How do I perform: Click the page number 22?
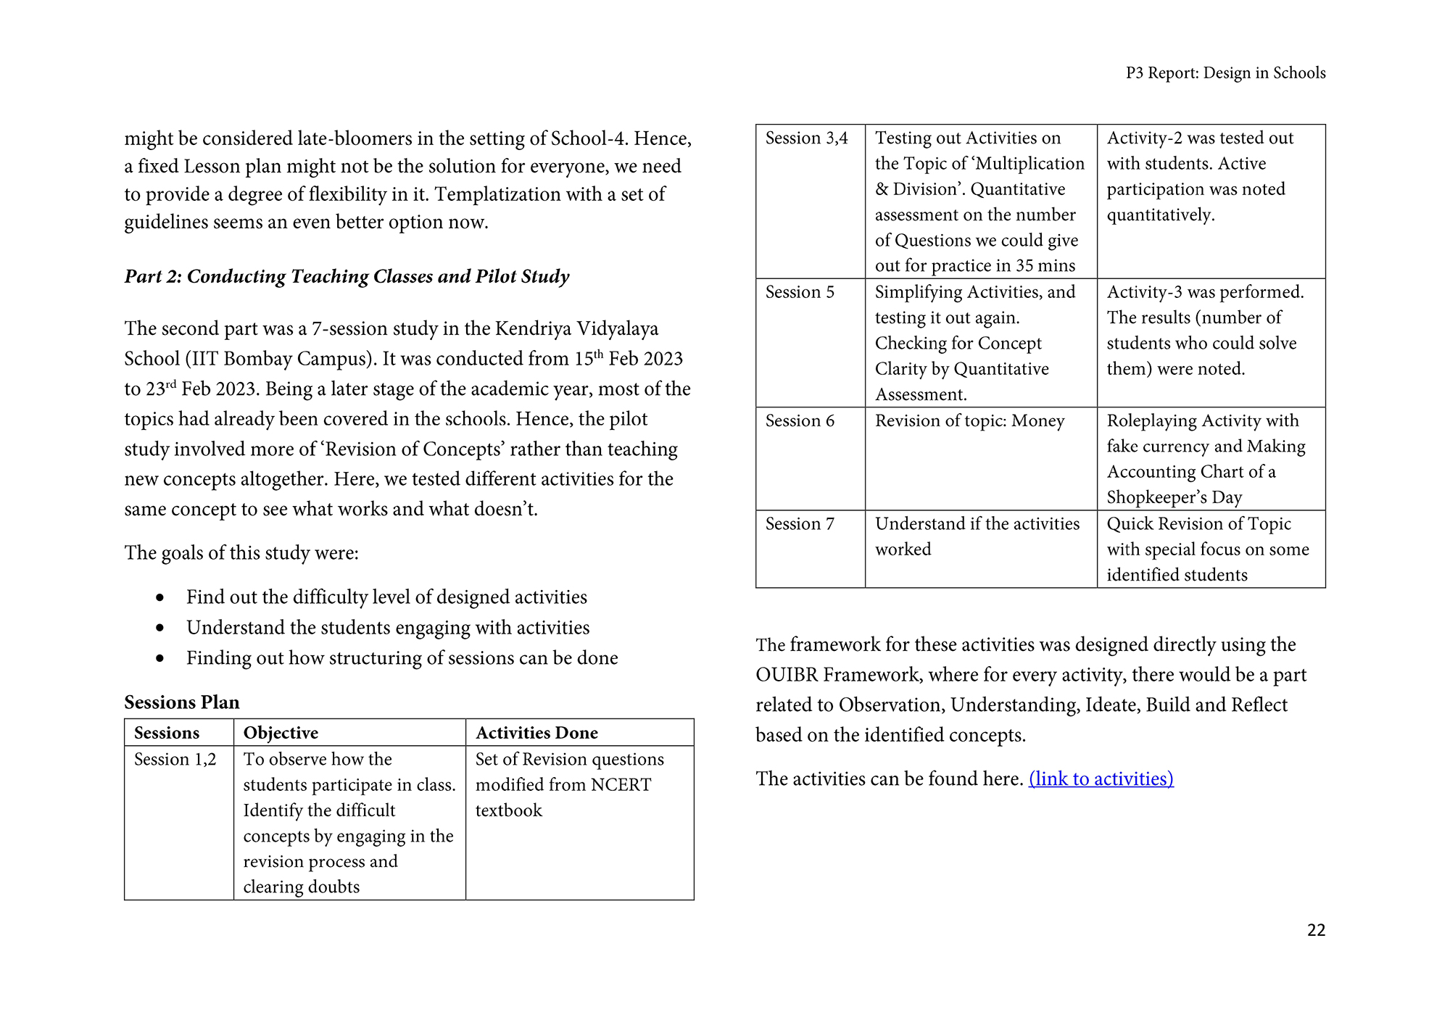pyautogui.click(x=1315, y=930)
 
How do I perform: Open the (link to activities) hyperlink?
pyautogui.click(x=1101, y=779)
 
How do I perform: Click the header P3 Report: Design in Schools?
pyautogui.click(x=1225, y=73)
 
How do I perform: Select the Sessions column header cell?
pyautogui.click(x=167, y=733)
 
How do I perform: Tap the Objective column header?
pyautogui.click(x=281, y=733)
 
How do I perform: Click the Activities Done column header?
pyautogui.click(x=536, y=733)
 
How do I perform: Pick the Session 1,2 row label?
pyautogui.click(x=175, y=759)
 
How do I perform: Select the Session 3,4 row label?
pyautogui.click(x=806, y=138)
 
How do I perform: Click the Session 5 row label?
pyautogui.click(x=800, y=292)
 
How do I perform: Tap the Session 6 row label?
pyautogui.click(x=800, y=420)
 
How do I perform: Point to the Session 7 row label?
pyautogui.click(x=800, y=523)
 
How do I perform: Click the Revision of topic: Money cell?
pyautogui.click(x=969, y=420)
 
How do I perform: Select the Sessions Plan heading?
pyautogui.click(x=181, y=702)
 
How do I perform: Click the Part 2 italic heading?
pyautogui.click(x=347, y=276)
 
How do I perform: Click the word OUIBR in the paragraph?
pyautogui.click(x=787, y=675)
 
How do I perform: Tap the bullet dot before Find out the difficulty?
pyautogui.click(x=160, y=597)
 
